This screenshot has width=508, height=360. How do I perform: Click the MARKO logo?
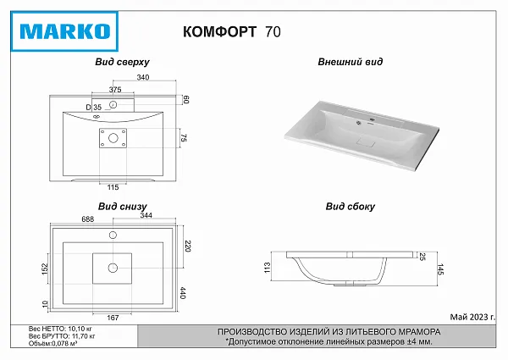[x=64, y=31]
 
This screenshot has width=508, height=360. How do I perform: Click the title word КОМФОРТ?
[x=219, y=31]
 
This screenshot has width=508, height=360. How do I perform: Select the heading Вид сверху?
[x=122, y=62]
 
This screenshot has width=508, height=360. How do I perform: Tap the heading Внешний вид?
[x=351, y=62]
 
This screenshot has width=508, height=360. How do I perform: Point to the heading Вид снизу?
[x=123, y=207]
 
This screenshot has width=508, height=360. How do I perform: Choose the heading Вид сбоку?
[x=351, y=207]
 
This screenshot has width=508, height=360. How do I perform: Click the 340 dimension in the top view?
[x=143, y=77]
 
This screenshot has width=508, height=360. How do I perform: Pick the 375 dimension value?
[x=115, y=90]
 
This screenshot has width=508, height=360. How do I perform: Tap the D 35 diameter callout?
[x=94, y=108]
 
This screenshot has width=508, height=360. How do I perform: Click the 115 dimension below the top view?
[x=113, y=187]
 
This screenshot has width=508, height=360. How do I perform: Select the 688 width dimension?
[x=88, y=219]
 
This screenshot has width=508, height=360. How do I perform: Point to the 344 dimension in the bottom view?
[x=146, y=215]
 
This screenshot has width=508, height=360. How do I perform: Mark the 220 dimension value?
[x=188, y=246]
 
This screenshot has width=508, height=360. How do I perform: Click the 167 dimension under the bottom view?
[x=113, y=318]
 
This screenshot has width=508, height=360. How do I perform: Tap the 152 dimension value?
[x=45, y=269]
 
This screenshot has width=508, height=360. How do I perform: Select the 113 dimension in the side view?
[x=267, y=268]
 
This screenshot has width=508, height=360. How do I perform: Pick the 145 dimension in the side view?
[x=440, y=269]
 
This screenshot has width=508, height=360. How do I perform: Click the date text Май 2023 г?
[x=472, y=317]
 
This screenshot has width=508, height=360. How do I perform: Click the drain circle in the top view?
[x=113, y=138]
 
